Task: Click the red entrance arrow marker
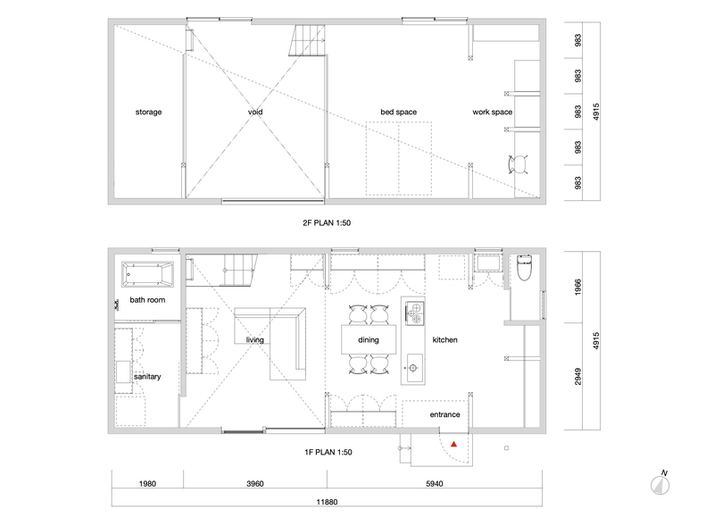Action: coord(454,444)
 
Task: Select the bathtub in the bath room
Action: coord(147,274)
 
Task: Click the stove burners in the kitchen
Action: coord(414,313)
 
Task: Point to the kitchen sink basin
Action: coord(414,367)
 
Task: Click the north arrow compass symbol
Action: coord(660,484)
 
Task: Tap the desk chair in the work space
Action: coord(518,164)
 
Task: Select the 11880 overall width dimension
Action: coord(327,502)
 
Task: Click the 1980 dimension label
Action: coord(147,484)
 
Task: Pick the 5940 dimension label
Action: coord(435,484)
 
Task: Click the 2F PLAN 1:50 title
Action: coord(327,223)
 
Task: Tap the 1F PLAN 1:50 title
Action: coord(328,452)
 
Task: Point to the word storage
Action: coord(148,113)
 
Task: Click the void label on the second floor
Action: coord(255,112)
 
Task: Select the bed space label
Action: coord(399,113)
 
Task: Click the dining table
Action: coord(369,339)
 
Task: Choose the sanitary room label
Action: coord(147,377)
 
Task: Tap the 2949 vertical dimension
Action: coord(577,377)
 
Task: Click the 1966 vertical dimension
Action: coord(577,288)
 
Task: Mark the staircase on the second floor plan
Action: coord(307,40)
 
